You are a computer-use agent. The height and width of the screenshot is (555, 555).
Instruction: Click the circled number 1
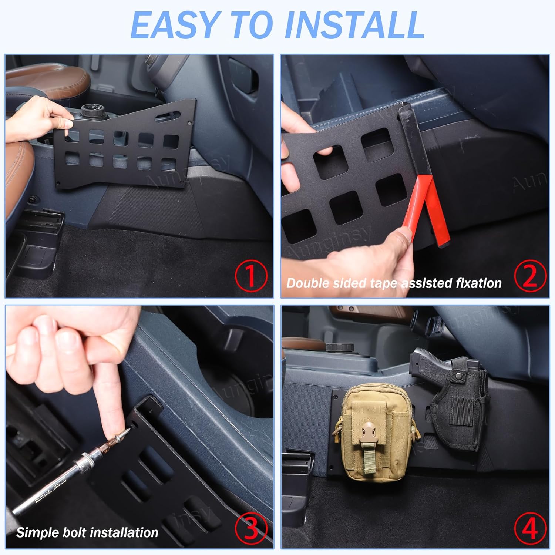pyautogui.click(x=251, y=276)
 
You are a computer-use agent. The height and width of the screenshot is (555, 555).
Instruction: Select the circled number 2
pyautogui.click(x=530, y=276)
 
